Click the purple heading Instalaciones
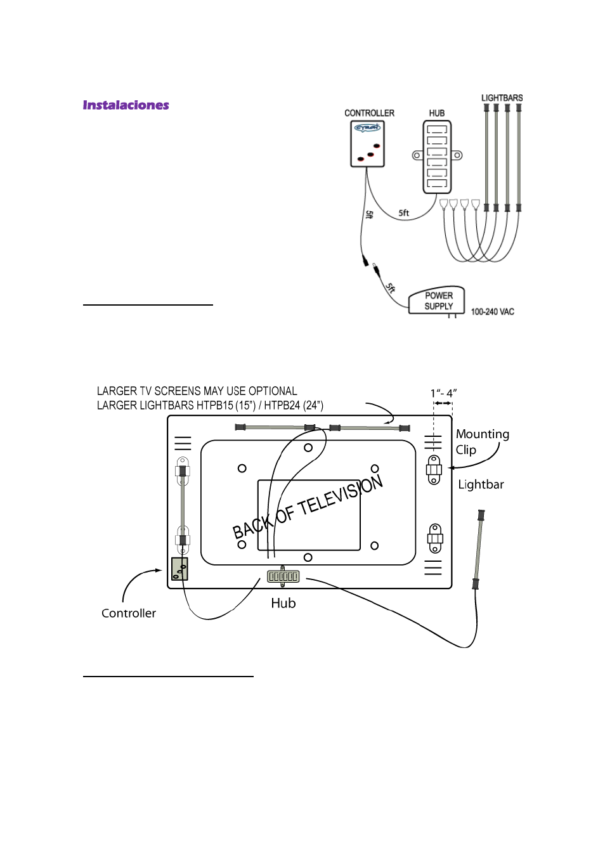click(126, 105)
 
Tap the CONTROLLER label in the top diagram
click(369, 113)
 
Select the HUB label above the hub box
click(437, 113)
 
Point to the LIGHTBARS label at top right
click(502, 98)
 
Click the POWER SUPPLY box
click(438, 301)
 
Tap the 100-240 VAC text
click(492, 312)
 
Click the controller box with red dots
click(367, 145)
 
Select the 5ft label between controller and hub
click(403, 213)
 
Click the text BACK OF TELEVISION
click(308, 507)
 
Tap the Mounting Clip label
click(481, 441)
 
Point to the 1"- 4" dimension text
click(443, 393)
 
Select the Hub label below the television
click(283, 603)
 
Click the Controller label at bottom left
click(129, 613)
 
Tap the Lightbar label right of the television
click(481, 484)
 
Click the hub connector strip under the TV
click(283, 576)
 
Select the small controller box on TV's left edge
click(179, 569)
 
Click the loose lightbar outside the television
click(478, 549)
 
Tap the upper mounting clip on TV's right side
click(434, 470)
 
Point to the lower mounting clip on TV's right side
click(435, 539)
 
